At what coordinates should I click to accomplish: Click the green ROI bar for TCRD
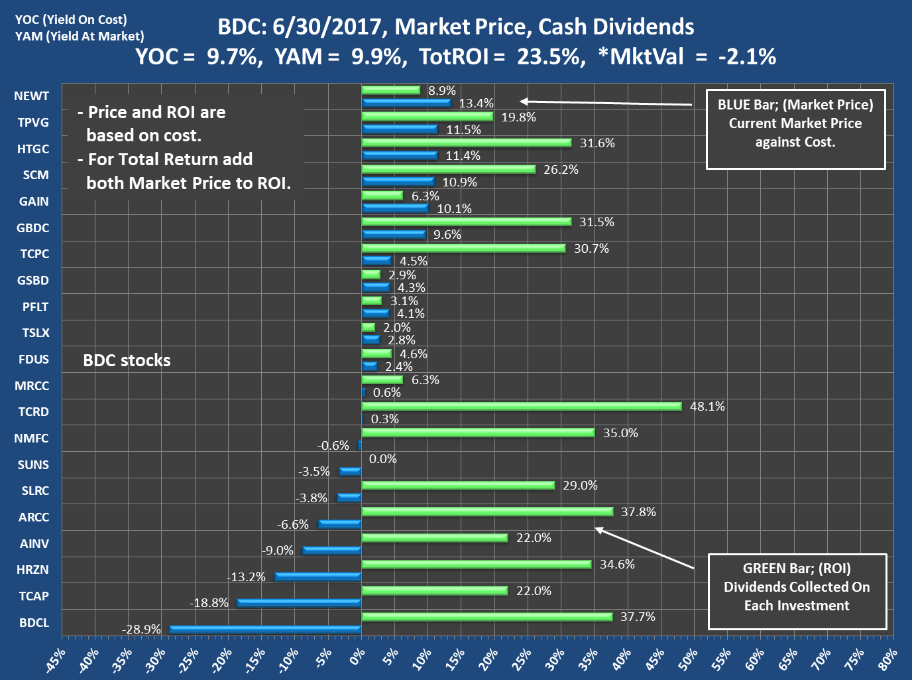click(522, 406)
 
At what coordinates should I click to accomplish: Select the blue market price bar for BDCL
click(265, 629)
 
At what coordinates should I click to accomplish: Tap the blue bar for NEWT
click(406, 103)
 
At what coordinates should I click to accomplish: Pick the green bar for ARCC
click(487, 511)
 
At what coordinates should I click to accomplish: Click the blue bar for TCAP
click(299, 602)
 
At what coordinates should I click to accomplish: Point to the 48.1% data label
click(707, 406)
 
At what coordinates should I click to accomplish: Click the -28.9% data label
click(141, 629)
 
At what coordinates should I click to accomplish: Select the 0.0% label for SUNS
click(382, 458)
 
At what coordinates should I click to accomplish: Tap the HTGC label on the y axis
click(33, 149)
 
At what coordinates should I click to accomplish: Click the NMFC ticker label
click(31, 439)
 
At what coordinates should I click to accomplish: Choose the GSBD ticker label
click(33, 281)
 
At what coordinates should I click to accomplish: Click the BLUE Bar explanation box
click(795, 129)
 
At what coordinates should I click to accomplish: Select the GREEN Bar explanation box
click(797, 591)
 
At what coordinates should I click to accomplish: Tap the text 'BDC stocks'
click(127, 360)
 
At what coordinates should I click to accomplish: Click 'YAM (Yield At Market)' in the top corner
click(80, 36)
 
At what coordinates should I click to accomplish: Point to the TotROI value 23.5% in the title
click(550, 57)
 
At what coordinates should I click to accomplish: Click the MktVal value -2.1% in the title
click(747, 57)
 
